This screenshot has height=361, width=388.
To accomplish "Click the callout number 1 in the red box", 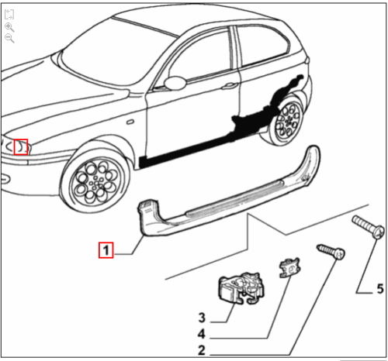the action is (x=106, y=250).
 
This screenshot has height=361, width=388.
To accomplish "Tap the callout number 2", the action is (x=202, y=350).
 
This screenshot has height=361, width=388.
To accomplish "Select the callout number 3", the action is (x=202, y=318).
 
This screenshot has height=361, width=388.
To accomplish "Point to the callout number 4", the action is (x=202, y=334).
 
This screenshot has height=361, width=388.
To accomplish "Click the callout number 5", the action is (x=380, y=289).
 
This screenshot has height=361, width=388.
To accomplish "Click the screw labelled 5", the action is (x=368, y=227).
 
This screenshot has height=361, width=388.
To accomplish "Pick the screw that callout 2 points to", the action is (x=331, y=251).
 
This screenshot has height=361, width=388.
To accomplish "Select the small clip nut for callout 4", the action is (x=289, y=268).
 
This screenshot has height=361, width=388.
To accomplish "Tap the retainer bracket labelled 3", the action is (x=241, y=287).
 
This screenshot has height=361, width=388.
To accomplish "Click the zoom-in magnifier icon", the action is (x=9, y=27).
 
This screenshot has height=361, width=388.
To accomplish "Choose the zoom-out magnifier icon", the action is (x=9, y=38).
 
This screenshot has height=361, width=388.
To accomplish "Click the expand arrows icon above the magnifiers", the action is (x=9, y=14).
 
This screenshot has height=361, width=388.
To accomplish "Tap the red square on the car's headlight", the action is (x=21, y=147).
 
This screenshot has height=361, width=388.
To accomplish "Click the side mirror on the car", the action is (x=175, y=83).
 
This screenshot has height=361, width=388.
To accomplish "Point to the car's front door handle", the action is (x=230, y=85).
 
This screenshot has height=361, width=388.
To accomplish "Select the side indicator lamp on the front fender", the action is (x=130, y=122).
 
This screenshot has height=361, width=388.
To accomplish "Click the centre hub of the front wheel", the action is (x=95, y=183).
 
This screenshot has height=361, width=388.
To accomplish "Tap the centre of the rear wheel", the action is (x=289, y=119).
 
